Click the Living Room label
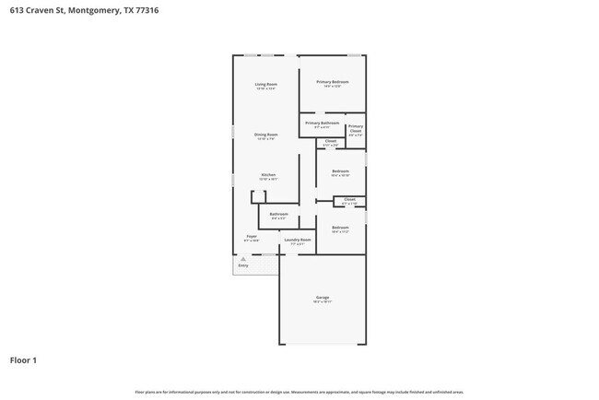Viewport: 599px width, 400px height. (266, 85)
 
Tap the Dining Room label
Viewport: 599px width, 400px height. (266, 135)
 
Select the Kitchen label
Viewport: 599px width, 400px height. (268, 175)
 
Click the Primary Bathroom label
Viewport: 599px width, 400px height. (323, 123)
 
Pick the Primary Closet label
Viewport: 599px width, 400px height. (356, 128)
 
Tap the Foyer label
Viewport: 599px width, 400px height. (252, 236)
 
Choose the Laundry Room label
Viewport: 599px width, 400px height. (298, 240)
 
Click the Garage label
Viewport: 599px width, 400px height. (323, 297)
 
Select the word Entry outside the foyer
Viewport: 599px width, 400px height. (243, 265)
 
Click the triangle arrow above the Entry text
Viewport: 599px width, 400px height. (243, 259)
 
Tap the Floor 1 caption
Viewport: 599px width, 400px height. (23, 359)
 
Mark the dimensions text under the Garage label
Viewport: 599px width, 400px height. (323, 301)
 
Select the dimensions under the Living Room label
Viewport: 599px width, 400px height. (266, 89)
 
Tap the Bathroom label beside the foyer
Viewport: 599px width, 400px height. (279, 214)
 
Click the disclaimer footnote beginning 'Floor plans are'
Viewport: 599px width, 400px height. (299, 392)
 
